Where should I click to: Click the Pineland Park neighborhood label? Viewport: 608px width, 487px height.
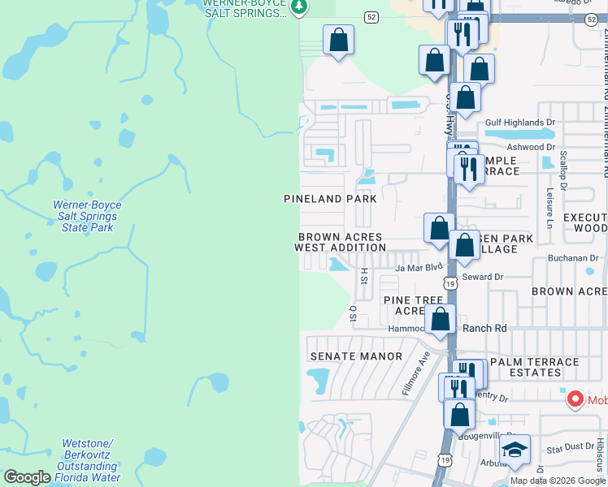[330, 199]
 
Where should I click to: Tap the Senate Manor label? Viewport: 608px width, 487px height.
[356, 356]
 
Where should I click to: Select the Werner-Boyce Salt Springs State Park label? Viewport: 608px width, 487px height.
[85, 217]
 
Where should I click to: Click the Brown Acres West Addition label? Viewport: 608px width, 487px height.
[340, 242]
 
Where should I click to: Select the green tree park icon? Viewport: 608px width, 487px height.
[299, 6]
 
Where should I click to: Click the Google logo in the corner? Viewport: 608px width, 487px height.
[27, 477]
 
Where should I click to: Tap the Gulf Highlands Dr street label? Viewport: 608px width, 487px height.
[519, 123]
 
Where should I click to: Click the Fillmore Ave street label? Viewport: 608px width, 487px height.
[414, 373]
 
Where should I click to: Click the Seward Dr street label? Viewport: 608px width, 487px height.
[483, 277]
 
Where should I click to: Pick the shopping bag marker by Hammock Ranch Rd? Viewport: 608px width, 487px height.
[440, 319]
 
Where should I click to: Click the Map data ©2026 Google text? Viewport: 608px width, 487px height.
[557, 481]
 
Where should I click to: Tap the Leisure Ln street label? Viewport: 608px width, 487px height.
[550, 209]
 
